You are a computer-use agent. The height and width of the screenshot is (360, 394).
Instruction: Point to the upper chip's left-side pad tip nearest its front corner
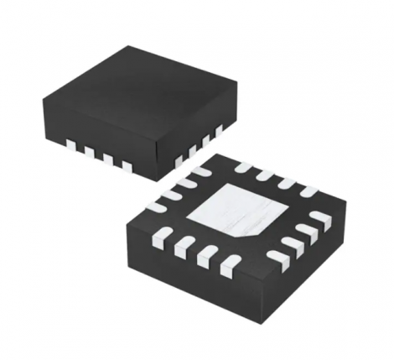(126, 166)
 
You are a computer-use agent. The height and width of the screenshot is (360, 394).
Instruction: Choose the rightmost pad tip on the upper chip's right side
(220, 131)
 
